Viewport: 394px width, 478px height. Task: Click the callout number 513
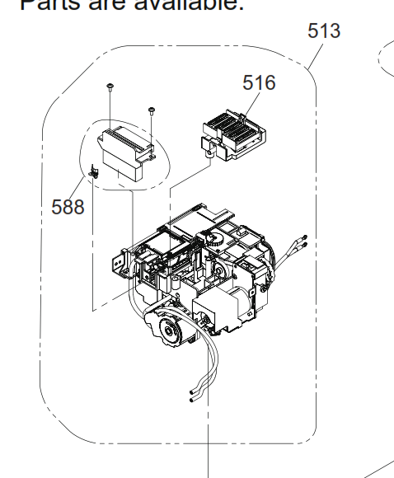coord(324,32)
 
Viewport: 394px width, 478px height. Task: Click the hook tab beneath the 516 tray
coord(209,148)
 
